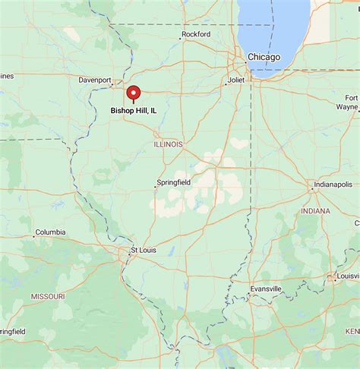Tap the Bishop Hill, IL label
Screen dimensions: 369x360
coord(134,111)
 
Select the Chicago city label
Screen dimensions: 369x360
coord(264,57)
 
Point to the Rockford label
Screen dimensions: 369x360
coord(195,34)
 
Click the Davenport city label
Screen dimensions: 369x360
coord(95,80)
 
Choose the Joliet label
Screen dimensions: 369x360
coord(236,79)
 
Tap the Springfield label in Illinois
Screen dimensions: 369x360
coord(174,183)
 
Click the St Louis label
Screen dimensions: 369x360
coord(144,249)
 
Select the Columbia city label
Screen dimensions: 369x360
coord(50,232)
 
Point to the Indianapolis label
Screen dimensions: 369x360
coord(334,184)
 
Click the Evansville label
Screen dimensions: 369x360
coord(267,289)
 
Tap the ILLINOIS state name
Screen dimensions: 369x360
coord(169,143)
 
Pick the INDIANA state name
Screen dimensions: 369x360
coord(315,210)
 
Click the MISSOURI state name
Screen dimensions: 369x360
coord(48,295)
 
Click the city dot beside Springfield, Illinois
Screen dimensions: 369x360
coord(155,187)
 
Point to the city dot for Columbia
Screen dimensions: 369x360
coord(33,235)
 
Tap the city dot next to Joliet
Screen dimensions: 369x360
coord(225,83)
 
